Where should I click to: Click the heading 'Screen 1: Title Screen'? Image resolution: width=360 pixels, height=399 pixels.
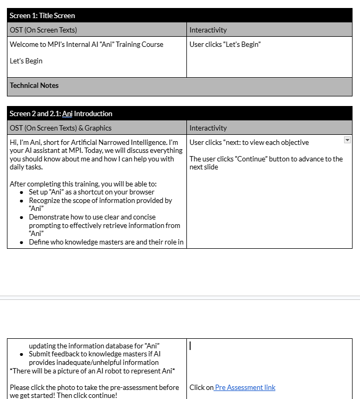click(42, 15)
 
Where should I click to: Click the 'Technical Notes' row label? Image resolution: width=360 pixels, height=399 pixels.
click(34, 85)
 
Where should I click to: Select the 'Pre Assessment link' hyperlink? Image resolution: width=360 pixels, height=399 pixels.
click(245, 387)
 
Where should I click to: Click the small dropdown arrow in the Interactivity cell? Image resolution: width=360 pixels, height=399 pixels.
click(347, 140)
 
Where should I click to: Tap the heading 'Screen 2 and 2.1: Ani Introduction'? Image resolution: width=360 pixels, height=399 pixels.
click(61, 113)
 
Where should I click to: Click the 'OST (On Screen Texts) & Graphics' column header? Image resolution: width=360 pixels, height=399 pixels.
click(61, 128)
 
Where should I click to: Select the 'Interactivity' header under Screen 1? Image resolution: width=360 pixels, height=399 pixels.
click(208, 30)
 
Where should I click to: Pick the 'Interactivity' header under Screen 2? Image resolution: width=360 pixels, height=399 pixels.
click(208, 128)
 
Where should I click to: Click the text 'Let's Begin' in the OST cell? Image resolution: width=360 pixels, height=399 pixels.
click(26, 61)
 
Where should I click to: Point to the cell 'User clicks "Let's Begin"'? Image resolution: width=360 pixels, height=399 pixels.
click(225, 44)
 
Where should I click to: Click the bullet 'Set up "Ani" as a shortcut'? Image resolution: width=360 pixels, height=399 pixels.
click(92, 192)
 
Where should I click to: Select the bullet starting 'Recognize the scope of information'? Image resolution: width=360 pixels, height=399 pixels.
click(100, 200)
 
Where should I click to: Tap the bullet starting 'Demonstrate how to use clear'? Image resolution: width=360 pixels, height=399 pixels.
click(92, 217)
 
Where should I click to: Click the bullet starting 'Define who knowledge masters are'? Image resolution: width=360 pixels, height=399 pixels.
click(106, 242)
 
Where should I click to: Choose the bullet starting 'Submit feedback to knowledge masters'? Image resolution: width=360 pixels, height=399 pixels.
click(95, 354)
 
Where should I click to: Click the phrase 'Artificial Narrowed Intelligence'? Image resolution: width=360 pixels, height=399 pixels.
click(117, 142)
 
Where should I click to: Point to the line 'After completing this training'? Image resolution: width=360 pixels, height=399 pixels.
click(83, 184)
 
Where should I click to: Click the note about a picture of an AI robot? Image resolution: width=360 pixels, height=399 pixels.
click(93, 370)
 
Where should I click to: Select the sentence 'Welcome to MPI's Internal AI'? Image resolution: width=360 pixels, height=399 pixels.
click(86, 44)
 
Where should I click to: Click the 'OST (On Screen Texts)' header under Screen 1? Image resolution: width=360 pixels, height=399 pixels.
click(43, 30)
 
